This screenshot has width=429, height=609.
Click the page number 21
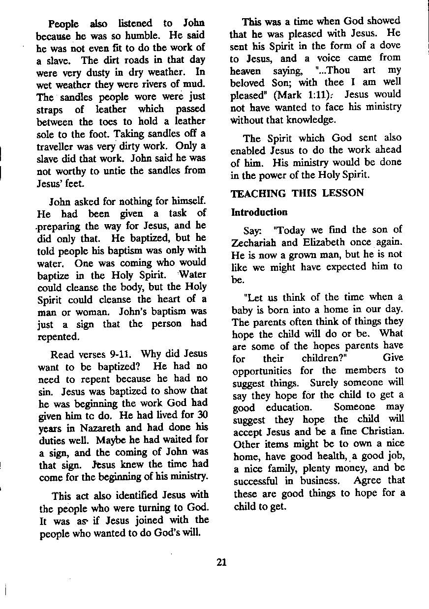pos(221,563)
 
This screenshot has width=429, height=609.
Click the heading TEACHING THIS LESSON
pos(297,193)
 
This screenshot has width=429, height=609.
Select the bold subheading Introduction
pos(259,212)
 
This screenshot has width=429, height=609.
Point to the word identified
pos(135,495)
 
